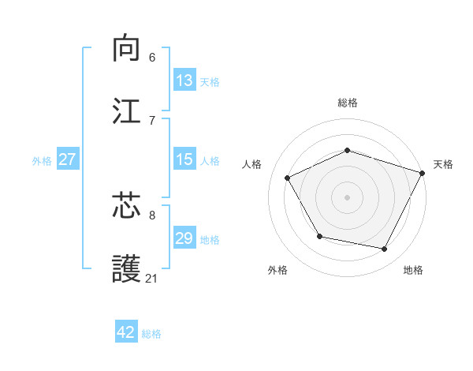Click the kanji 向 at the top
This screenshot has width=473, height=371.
pyautogui.click(x=127, y=48)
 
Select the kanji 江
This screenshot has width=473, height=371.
pyautogui.click(x=127, y=111)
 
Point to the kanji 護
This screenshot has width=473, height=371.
pyautogui.click(x=127, y=269)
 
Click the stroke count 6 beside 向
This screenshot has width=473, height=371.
pyautogui.click(x=152, y=57)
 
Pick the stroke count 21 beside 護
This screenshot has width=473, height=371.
pyautogui.click(x=152, y=278)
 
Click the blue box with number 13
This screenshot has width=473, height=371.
pyautogui.click(x=184, y=80)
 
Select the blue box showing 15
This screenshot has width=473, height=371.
pyautogui.click(x=184, y=159)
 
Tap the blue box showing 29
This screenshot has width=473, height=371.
pyautogui.click(x=184, y=238)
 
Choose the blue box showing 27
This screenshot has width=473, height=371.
pyautogui.click(x=67, y=159)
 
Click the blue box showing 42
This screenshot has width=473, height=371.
pyautogui.click(x=126, y=332)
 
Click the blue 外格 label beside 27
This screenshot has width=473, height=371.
pyautogui.click(x=42, y=160)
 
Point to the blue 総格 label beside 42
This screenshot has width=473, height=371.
pyautogui.click(x=151, y=334)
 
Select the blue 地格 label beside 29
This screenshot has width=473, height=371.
pyautogui.click(x=210, y=240)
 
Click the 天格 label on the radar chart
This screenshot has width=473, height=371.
pyautogui.click(x=443, y=164)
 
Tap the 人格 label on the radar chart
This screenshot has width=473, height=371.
pyautogui.click(x=251, y=164)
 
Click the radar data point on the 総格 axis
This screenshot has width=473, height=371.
pyautogui.click(x=348, y=150)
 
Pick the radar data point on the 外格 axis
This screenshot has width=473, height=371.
pyautogui.click(x=319, y=236)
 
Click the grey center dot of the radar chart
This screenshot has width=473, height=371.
pyautogui.click(x=348, y=197)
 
